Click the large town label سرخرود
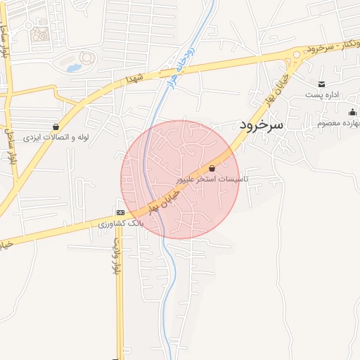259,124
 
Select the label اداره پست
322,94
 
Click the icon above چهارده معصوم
352,112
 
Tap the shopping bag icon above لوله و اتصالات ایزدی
56,127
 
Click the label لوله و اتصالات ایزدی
56,137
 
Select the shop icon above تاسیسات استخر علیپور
212,169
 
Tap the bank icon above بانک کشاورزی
120,212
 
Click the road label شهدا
134,79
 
